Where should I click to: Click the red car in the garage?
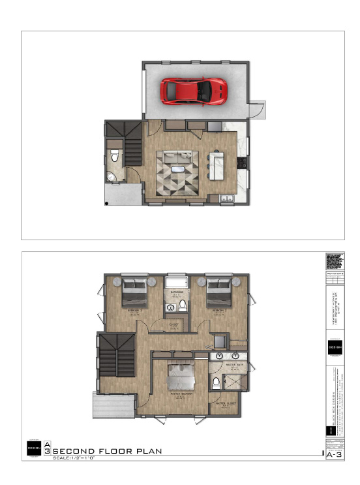click(194, 91)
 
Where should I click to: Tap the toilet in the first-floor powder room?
click(115, 156)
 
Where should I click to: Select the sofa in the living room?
click(177, 157)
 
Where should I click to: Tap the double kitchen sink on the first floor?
click(226, 198)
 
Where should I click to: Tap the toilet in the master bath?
click(216, 382)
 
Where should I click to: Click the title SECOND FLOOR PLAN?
click(107, 452)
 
